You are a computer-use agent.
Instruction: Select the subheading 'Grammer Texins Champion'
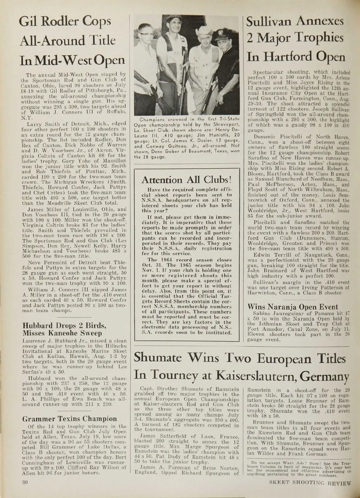[x=68, y=419]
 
